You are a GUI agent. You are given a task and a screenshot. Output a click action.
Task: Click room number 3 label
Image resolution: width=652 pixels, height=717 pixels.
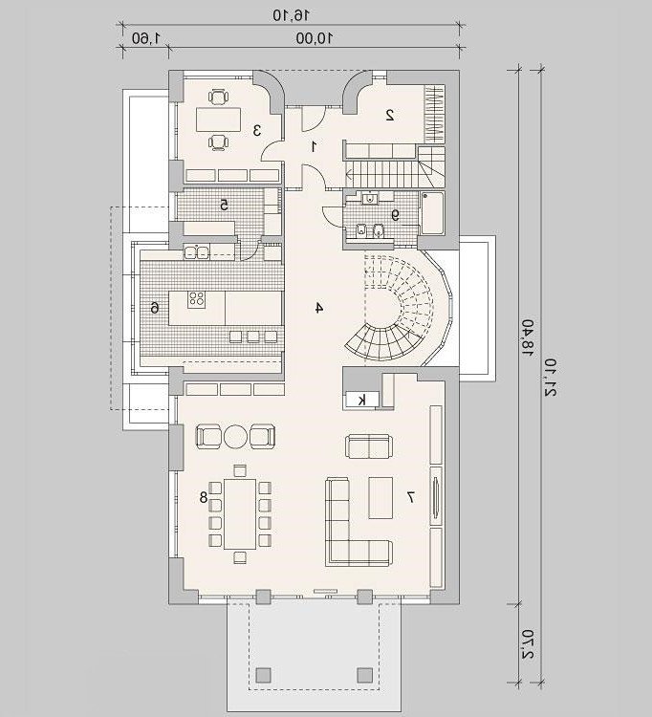tap(257, 130)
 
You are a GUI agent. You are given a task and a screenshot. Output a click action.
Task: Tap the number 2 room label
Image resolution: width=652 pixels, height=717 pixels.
tap(389, 115)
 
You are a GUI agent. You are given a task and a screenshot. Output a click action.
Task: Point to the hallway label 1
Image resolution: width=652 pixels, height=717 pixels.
tap(314, 147)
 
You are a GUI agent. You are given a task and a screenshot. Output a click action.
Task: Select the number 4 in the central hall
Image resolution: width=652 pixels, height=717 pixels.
tap(319, 308)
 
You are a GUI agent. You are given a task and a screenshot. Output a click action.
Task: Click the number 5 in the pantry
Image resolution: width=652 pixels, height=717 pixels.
tap(224, 206)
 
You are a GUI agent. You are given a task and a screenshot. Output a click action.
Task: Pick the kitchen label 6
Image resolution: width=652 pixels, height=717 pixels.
tap(155, 308)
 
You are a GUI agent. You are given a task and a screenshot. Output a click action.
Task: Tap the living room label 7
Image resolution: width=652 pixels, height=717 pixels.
tap(410, 497)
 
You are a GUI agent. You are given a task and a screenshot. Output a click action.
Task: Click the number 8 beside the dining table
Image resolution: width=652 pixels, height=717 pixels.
tap(204, 497)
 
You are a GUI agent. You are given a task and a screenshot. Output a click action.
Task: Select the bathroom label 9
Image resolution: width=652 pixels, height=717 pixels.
tap(395, 215)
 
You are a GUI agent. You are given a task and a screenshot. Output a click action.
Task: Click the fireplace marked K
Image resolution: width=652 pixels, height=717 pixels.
tap(361, 401)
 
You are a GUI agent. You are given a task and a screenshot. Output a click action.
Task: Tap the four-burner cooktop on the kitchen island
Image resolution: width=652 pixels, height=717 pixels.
tap(197, 299)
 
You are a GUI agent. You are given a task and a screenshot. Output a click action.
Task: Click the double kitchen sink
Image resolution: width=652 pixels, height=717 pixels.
tap(196, 251)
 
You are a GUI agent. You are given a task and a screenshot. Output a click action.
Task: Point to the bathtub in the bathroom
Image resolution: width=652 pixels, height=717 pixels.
tap(432, 213)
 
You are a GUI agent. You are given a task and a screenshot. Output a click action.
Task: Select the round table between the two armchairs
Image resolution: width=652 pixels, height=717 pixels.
tap(235, 437)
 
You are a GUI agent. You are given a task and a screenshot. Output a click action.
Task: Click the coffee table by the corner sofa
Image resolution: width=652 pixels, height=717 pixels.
tap(380, 497)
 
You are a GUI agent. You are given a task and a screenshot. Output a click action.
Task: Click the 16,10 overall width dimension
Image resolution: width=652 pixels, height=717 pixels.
tap(292, 15)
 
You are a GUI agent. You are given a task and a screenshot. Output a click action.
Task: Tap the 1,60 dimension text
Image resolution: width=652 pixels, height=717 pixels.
tap(146, 38)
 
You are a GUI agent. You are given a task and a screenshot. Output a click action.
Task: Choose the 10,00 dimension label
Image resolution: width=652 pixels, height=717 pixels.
tap(315, 38)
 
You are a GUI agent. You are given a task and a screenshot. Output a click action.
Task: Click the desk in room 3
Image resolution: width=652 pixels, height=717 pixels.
tap(219, 119)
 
